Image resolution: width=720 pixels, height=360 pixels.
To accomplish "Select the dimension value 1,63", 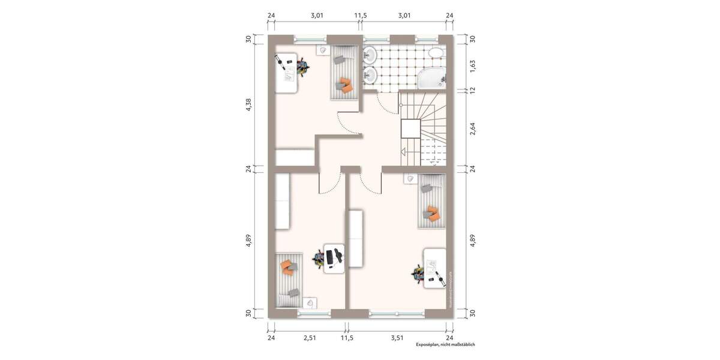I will click(472, 66).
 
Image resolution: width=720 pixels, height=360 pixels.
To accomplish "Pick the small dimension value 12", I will click(472, 90).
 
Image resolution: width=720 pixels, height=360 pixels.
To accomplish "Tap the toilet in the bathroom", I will click(436, 53).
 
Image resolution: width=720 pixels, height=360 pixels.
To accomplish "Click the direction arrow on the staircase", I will click(404, 152).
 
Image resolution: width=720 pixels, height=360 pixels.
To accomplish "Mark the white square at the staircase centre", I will click(410, 129).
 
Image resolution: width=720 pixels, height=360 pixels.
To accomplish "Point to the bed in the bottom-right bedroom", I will click(431, 201).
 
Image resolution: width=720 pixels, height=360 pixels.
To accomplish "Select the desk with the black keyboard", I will click(334, 259).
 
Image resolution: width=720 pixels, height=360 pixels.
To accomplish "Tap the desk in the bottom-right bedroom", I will click(434, 268).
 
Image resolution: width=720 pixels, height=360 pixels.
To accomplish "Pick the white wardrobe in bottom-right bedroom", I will click(356, 238).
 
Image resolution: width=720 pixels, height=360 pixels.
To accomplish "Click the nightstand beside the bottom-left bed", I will click(310, 303).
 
